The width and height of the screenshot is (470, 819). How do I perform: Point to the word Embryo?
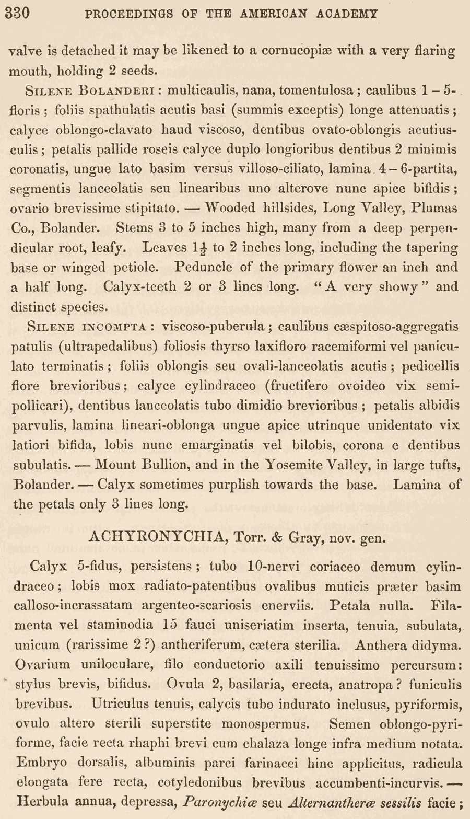[x=41, y=763]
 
